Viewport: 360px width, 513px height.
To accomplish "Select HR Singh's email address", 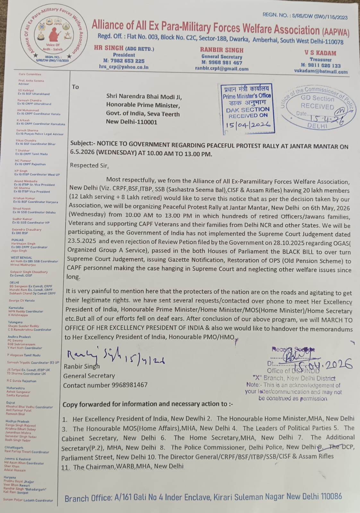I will tap(124, 67).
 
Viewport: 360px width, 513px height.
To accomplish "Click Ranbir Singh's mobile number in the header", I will tap(222, 63).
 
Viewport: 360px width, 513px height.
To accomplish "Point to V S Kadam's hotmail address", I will tap(321, 71).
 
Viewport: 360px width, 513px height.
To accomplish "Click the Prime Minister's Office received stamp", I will tap(247, 108).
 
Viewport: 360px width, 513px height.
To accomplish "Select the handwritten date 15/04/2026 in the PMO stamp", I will tap(248, 125).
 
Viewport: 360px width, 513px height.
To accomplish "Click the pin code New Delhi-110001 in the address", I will tap(132, 122).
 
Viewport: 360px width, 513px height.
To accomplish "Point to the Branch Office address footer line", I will tap(203, 497).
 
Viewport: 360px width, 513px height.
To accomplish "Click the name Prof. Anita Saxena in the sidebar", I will tap(31, 81).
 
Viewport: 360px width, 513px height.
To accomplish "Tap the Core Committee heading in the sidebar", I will tap(30, 74).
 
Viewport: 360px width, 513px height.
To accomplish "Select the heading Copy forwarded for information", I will tap(148, 404).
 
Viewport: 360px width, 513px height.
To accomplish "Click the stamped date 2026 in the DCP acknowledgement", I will tap(338, 364).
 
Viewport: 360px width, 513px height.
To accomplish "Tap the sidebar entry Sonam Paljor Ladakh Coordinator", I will tap(28, 500).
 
